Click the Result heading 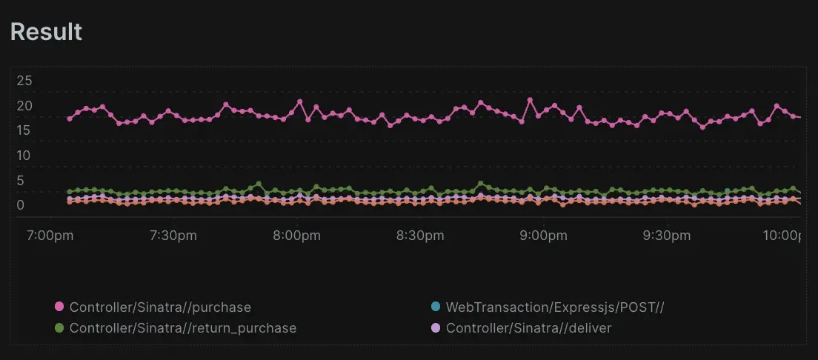pos(46,32)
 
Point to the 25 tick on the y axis pos(24,80)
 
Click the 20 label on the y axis pos(24,106)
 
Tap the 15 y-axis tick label pos(24,130)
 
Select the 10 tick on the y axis pos(24,156)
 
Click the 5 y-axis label pos(21,181)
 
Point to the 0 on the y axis pos(21,205)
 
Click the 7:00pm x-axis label pos(50,236)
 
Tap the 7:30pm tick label pos(173,236)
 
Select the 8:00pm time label pos(296,236)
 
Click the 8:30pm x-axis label pos(420,236)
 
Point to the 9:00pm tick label pos(543,236)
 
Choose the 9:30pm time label pos(667,236)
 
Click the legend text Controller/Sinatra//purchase pos(160,307)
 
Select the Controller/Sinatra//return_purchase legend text pos(182,327)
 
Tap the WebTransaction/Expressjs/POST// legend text pos(554,307)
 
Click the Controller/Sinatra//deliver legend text pos(528,327)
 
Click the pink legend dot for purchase pos(59,307)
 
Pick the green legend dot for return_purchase pos(59,327)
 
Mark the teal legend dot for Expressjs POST pos(436,307)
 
